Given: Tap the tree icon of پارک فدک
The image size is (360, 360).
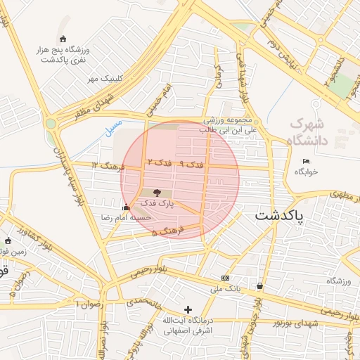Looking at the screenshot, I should click(156, 193).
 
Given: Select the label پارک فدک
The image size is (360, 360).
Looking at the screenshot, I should click(156, 203).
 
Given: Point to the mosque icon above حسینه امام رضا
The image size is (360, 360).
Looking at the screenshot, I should click(126, 207).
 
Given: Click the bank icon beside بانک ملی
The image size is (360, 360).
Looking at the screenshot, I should click(224, 278).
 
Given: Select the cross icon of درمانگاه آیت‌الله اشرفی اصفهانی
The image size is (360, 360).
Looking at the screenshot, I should click(188, 309).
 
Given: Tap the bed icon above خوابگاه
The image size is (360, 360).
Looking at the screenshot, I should click(306, 161).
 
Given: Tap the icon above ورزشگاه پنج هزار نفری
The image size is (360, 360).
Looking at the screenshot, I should click(64, 39).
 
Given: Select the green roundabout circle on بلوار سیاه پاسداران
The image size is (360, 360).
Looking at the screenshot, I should click(51, 124).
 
